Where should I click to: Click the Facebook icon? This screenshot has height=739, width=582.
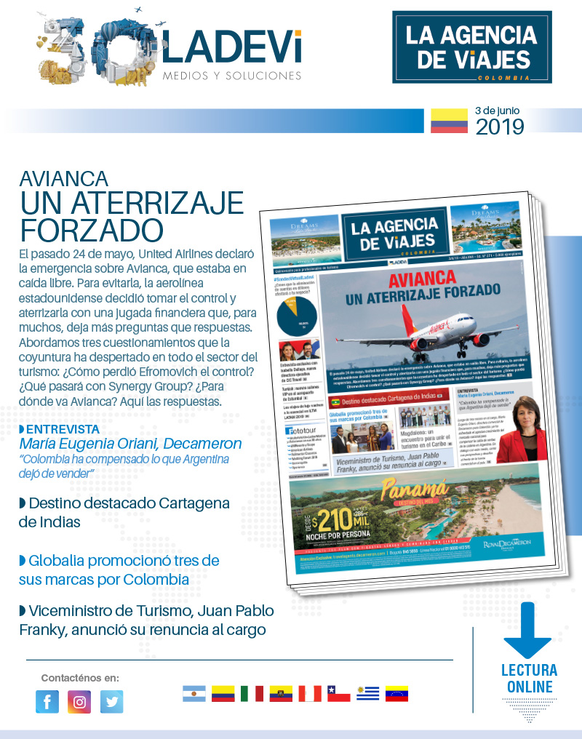click(47, 701)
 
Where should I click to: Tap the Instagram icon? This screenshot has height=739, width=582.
click(79, 701)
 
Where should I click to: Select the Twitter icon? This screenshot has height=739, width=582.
click(111, 701)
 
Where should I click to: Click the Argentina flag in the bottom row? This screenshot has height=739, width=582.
click(194, 693)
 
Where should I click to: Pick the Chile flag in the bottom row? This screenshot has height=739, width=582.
click(338, 693)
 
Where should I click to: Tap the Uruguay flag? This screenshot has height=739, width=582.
click(367, 693)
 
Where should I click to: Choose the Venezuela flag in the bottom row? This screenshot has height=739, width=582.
click(396, 693)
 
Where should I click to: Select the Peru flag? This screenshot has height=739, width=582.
click(309, 693)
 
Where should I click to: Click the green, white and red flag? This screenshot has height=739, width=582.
click(252, 693)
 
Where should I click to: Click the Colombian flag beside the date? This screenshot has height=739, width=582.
click(448, 121)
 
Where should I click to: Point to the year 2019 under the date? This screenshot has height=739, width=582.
click(500, 127)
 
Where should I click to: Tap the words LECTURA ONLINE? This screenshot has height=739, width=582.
click(529, 678)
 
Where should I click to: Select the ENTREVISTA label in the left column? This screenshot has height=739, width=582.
click(62, 429)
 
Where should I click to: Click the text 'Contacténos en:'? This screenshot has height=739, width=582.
click(80, 677)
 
